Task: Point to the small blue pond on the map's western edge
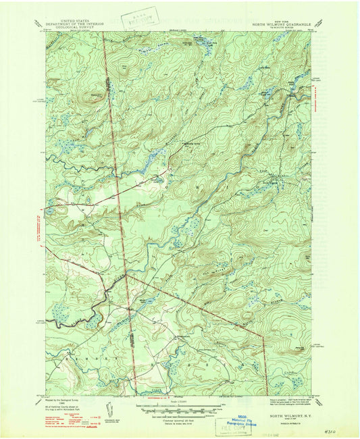coord(50,211)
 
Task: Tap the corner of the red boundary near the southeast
coord(263,336)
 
